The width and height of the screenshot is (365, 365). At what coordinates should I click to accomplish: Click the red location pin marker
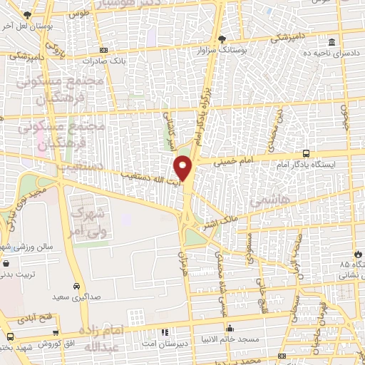pos(183,168)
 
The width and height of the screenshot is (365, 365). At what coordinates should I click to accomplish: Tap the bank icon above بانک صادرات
pos(104,50)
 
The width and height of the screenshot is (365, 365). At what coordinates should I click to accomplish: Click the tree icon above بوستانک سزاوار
pos(222,39)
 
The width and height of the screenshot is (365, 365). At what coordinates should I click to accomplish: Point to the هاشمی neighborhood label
pos(270,202)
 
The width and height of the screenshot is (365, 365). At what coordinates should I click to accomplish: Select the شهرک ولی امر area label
pos(89,221)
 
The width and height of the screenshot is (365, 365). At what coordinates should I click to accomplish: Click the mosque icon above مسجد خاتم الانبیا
pos(230,328)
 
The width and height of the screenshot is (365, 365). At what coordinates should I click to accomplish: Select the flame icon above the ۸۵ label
pos(357,254)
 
